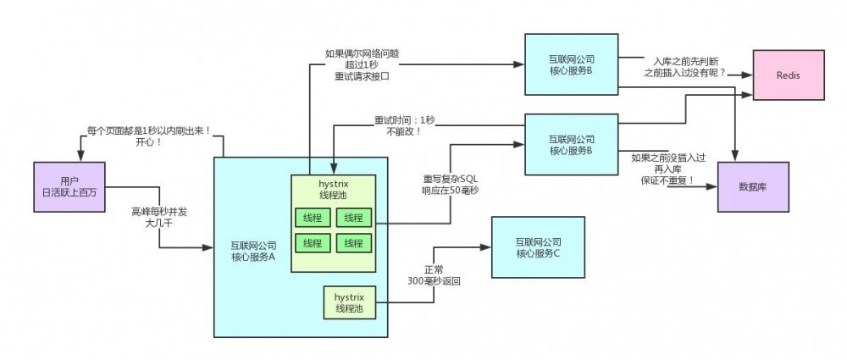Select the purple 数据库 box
click(753, 186)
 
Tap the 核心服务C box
click(538, 247)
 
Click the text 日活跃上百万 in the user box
click(70, 193)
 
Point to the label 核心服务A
click(253, 257)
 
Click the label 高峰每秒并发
click(159, 211)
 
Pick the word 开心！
click(148, 142)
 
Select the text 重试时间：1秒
click(405, 120)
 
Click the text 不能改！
click(405, 132)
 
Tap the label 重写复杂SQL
click(451, 180)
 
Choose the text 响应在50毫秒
click(451, 191)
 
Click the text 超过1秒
click(361, 65)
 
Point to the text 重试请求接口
click(361, 77)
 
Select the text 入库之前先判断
click(684, 62)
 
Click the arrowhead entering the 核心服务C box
click(487, 247)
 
